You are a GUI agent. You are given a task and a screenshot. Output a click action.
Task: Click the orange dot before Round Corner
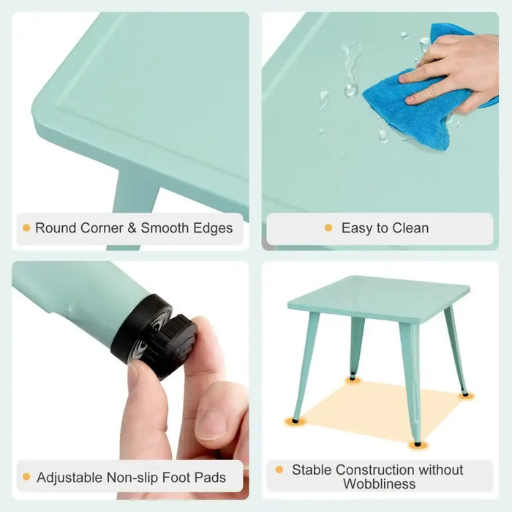pos(26,228)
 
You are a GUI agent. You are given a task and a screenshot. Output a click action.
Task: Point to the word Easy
pos(356,228)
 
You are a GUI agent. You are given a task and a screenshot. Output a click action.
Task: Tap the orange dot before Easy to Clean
pos(328,228)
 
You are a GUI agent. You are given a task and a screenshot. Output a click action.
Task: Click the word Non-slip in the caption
pos(138,478)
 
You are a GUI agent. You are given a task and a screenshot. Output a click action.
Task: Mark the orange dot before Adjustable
pos(26,478)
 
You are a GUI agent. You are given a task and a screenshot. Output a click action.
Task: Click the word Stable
pos(313,470)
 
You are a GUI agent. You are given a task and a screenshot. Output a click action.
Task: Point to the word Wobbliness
pos(379,484)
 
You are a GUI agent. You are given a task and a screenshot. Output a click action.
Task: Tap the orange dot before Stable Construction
pos(280,470)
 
